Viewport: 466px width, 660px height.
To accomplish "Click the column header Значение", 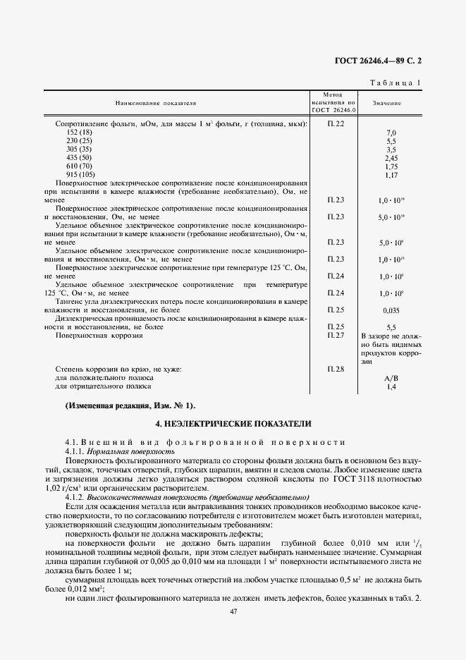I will (388, 103).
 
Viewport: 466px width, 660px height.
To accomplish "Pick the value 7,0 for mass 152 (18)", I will (392, 133).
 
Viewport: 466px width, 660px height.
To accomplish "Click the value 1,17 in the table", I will (392, 174).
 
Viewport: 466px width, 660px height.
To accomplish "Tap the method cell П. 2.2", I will (336, 124).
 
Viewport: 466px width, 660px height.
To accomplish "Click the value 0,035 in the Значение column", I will (391, 310).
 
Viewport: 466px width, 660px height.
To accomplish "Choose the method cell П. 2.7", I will (336, 336).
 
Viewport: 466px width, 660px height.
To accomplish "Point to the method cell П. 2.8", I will (336, 369).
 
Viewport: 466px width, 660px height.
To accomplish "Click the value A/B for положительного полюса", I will (392, 378).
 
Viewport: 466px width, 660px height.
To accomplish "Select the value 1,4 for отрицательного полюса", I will (392, 386).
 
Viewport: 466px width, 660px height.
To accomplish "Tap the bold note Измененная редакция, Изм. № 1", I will (130, 407).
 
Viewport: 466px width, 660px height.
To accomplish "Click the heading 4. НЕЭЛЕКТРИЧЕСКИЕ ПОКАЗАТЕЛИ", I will (233, 424).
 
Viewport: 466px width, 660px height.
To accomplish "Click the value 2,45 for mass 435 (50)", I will (392, 158).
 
